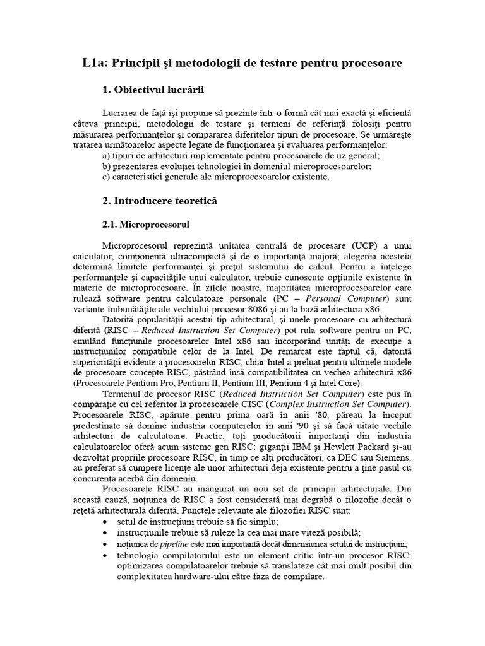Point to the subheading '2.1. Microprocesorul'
pos(146,224)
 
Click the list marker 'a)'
pos(106,155)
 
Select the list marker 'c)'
pos(106,177)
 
